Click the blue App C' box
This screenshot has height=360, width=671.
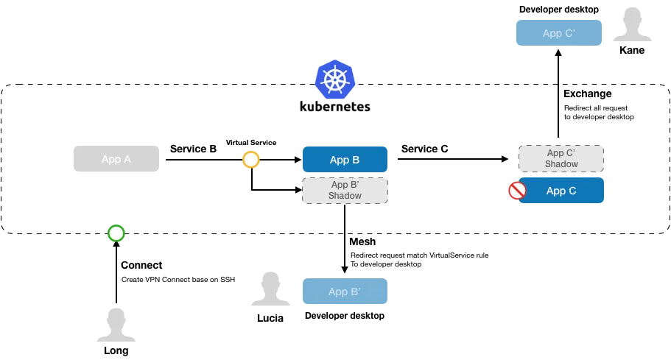click(x=559, y=33)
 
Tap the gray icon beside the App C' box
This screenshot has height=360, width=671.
click(x=633, y=24)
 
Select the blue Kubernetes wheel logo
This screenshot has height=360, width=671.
click(x=335, y=80)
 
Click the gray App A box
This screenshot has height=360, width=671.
click(x=115, y=159)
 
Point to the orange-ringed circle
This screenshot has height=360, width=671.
click(x=251, y=160)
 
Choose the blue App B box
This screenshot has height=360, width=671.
click(x=345, y=160)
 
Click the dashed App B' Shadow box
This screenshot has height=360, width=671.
click(x=345, y=191)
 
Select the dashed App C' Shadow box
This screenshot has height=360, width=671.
click(x=562, y=158)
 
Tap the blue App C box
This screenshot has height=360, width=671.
click(x=562, y=191)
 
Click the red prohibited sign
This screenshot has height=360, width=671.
click(x=517, y=191)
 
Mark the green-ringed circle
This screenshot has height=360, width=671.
click(x=116, y=233)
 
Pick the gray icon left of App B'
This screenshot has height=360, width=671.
click(x=270, y=288)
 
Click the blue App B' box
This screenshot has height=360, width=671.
click(x=345, y=292)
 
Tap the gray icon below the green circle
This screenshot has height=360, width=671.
click(x=117, y=324)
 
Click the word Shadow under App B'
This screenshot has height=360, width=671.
click(x=345, y=197)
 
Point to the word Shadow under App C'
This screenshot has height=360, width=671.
click(x=562, y=164)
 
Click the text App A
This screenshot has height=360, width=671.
click(x=116, y=159)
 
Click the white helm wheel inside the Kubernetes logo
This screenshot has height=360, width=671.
click(x=335, y=80)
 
